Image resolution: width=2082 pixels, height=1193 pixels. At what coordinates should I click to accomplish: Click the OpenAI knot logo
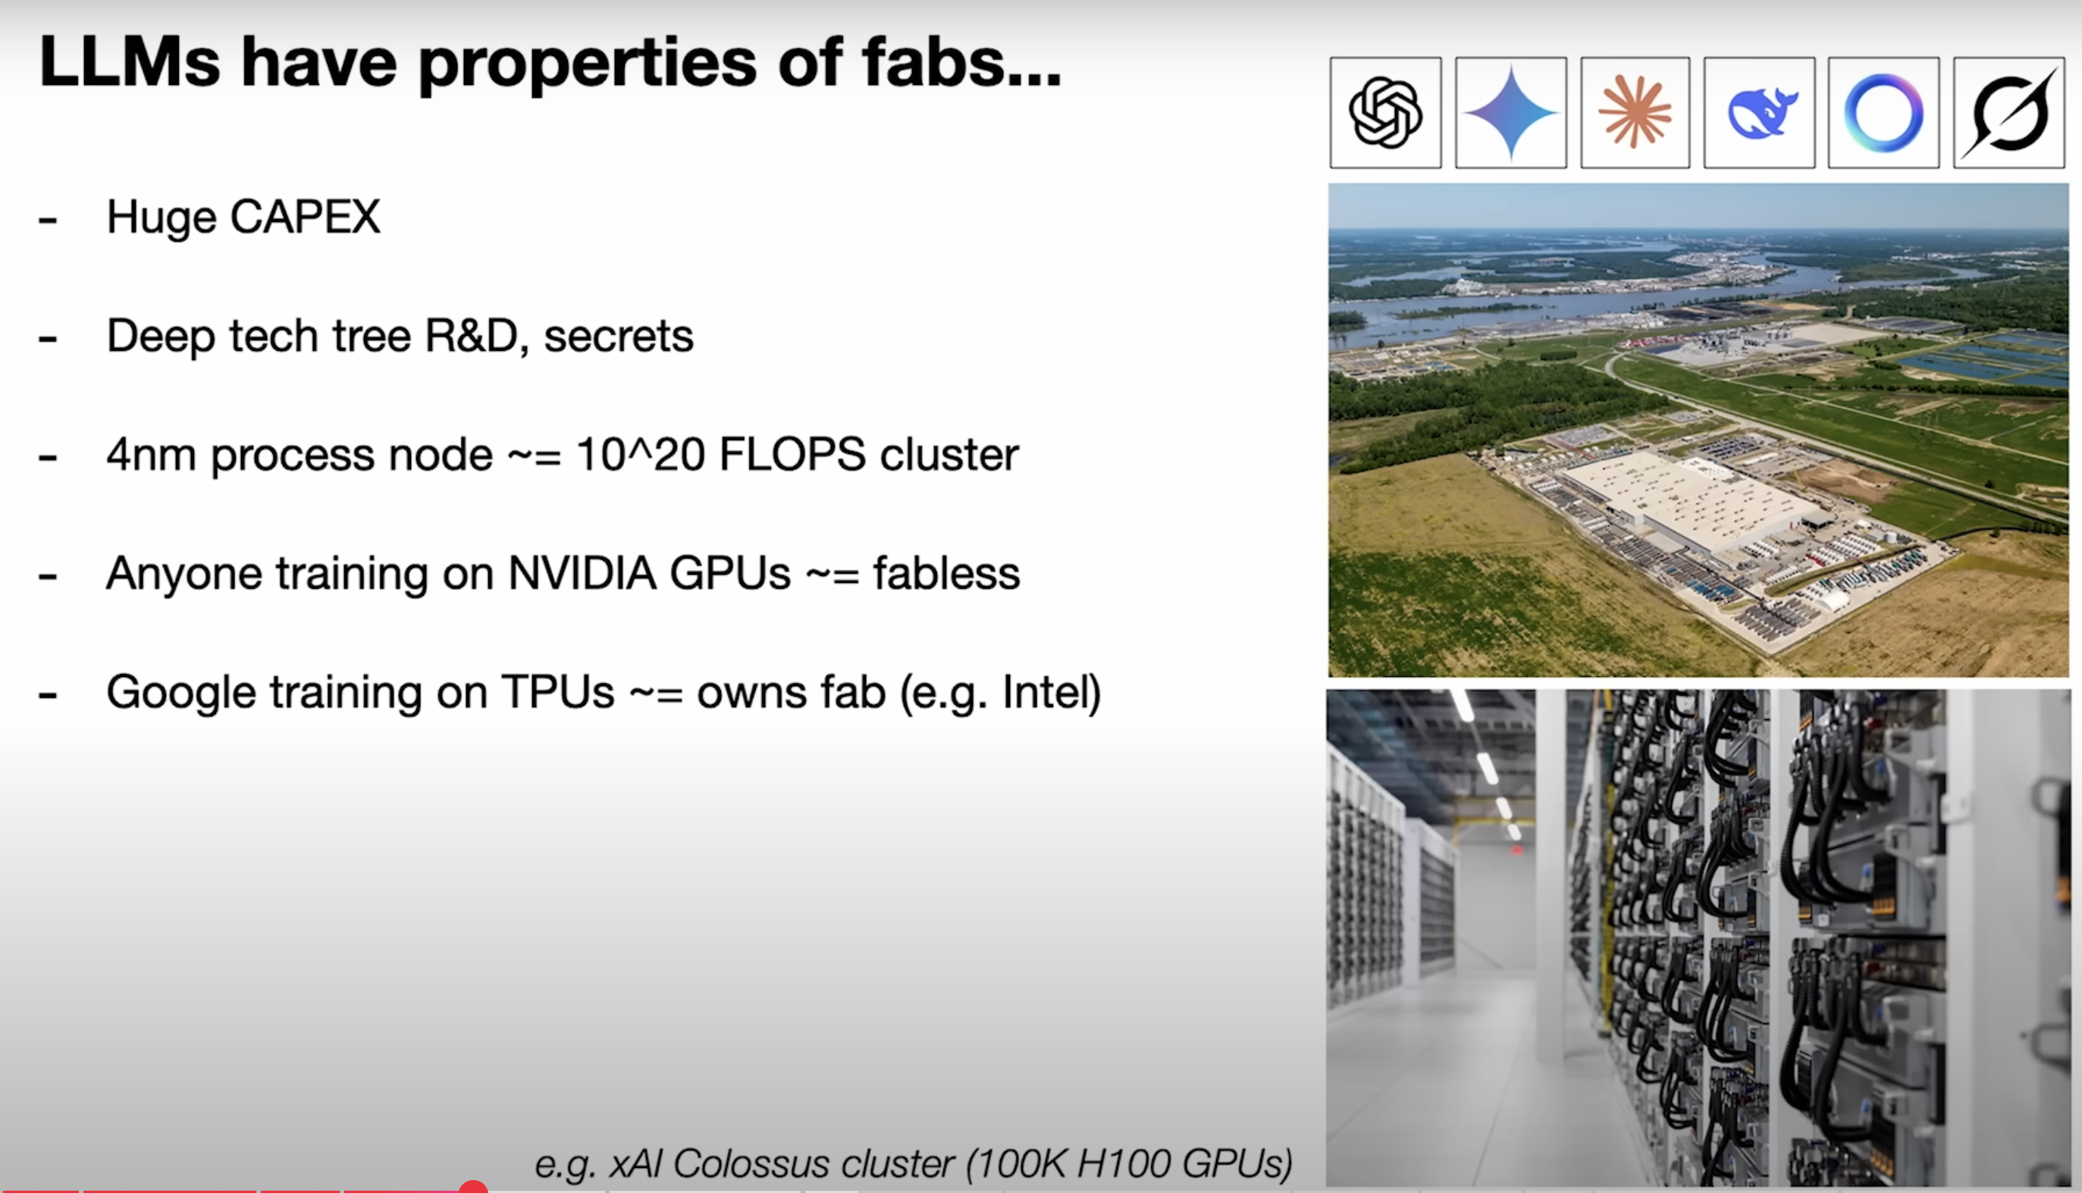(x=1384, y=112)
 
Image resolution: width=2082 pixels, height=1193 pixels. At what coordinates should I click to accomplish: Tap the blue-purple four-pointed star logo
(x=1510, y=113)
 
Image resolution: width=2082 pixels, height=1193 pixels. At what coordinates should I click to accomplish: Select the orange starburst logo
(x=1635, y=112)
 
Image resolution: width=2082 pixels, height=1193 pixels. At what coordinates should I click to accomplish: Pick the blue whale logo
(x=1761, y=113)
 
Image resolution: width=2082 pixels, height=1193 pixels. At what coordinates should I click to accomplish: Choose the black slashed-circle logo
(x=2009, y=113)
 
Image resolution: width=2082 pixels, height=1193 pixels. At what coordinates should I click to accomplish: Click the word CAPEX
(x=305, y=217)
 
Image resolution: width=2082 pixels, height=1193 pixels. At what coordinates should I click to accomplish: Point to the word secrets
(x=619, y=336)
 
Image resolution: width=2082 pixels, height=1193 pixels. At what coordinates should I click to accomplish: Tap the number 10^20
(x=640, y=454)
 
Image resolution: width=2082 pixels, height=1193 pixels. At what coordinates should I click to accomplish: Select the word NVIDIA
(x=582, y=573)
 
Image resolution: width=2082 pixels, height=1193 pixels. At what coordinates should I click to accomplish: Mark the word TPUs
(x=557, y=691)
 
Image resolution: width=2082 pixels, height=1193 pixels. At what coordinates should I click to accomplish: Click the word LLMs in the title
(x=130, y=62)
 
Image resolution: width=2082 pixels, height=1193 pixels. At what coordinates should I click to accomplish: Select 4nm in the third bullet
(x=151, y=455)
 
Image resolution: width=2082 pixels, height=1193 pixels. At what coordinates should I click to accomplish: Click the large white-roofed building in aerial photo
(x=1688, y=499)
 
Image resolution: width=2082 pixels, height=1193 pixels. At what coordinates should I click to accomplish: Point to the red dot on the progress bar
(x=473, y=1187)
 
